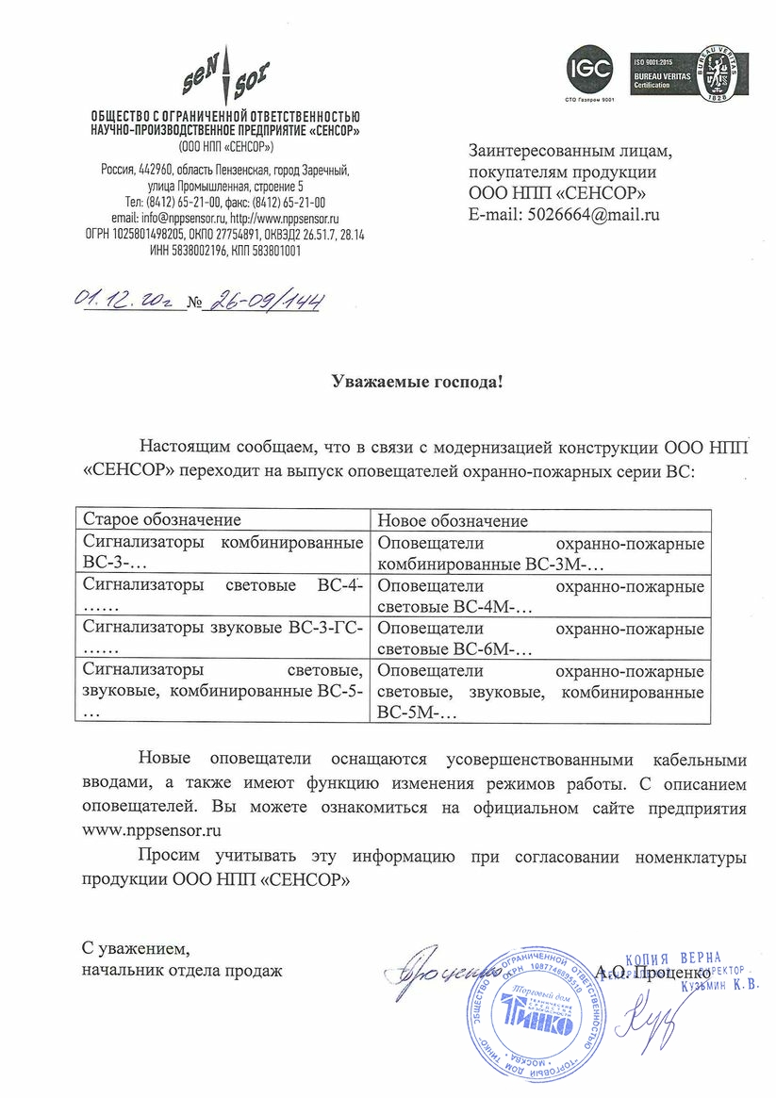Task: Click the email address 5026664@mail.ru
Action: coord(587,214)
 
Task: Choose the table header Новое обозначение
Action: coord(453,520)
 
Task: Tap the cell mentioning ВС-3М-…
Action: coord(540,554)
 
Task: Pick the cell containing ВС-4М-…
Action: coord(540,596)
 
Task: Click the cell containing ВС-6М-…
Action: coord(540,637)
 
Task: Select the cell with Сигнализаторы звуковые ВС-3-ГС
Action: coord(223,637)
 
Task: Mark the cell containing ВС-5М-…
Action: coord(540,692)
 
